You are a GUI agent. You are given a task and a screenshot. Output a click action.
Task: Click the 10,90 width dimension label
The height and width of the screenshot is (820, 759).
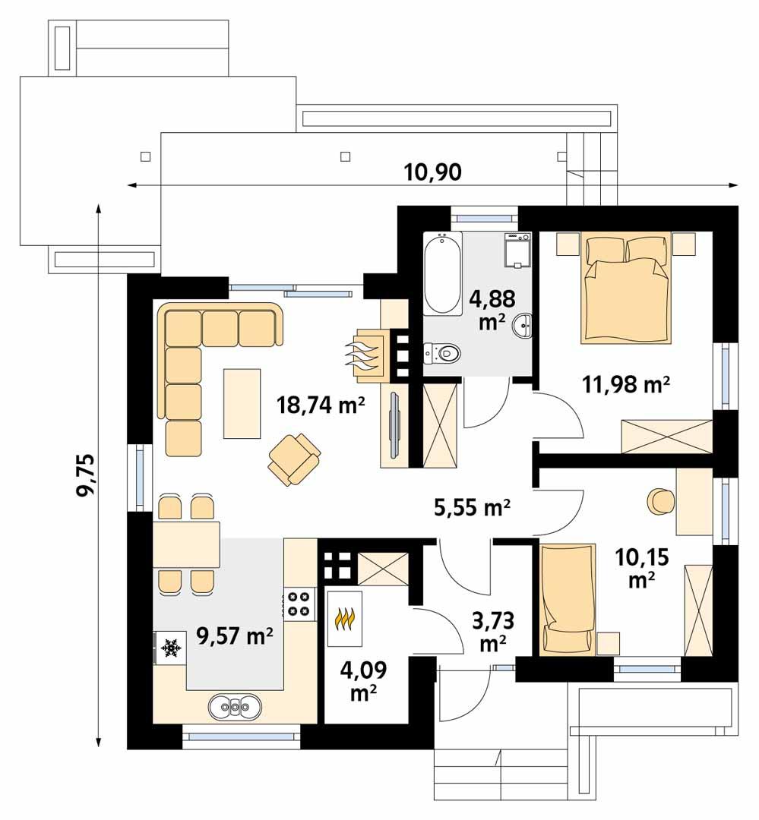433,172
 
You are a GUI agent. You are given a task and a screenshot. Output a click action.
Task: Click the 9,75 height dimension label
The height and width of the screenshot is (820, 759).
85,475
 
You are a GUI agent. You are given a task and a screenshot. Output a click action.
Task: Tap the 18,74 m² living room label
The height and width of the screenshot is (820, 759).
321,406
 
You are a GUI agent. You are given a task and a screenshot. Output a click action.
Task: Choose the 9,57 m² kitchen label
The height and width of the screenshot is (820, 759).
235,635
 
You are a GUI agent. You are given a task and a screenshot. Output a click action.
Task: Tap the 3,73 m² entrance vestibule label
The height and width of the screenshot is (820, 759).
493,632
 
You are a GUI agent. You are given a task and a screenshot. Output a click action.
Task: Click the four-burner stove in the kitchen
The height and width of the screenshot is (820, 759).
299,602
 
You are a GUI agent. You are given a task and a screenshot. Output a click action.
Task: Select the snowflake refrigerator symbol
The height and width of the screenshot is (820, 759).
171,648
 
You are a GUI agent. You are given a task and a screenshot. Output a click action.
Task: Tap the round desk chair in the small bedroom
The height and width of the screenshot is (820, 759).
658,500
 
